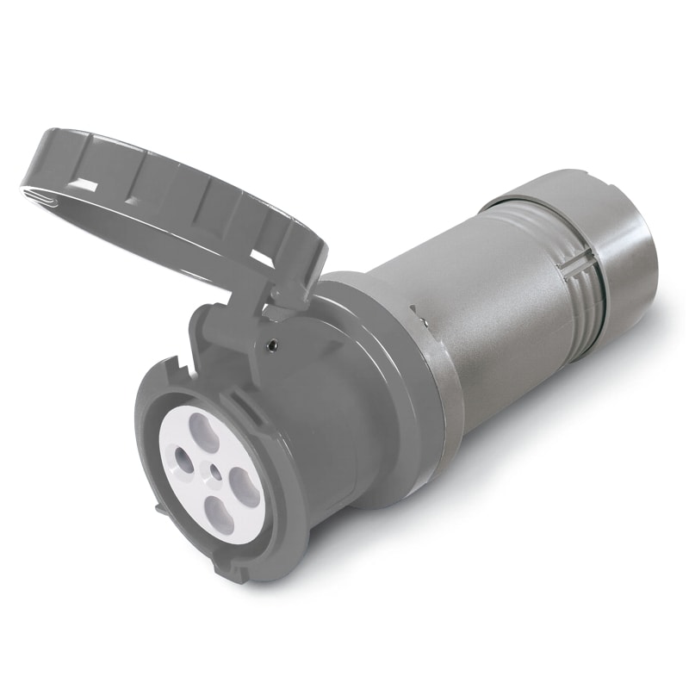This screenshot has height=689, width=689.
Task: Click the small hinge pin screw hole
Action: coord(272,345)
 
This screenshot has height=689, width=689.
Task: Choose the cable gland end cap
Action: coord(620,258)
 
